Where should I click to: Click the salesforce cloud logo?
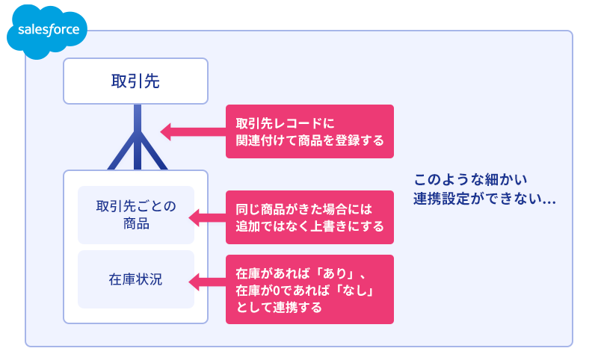click(x=47, y=31)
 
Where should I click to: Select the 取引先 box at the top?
click(x=135, y=81)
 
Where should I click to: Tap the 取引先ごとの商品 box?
click(x=136, y=215)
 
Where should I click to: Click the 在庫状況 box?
click(x=136, y=279)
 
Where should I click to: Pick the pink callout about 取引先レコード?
click(x=309, y=131)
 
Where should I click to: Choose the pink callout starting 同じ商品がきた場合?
click(x=309, y=217)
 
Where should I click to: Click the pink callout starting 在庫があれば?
click(x=309, y=289)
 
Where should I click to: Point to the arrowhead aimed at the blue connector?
click(x=165, y=131)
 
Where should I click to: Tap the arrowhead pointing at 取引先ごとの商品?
click(x=194, y=218)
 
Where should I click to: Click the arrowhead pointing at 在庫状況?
click(x=194, y=282)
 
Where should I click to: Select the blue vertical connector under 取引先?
click(x=138, y=137)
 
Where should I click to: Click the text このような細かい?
click(x=470, y=179)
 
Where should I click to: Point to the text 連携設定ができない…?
click(x=484, y=199)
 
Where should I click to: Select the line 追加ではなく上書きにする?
click(x=309, y=226)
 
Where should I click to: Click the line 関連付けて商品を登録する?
click(x=309, y=140)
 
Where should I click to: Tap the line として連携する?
click(x=279, y=307)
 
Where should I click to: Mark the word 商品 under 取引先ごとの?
click(x=136, y=223)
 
